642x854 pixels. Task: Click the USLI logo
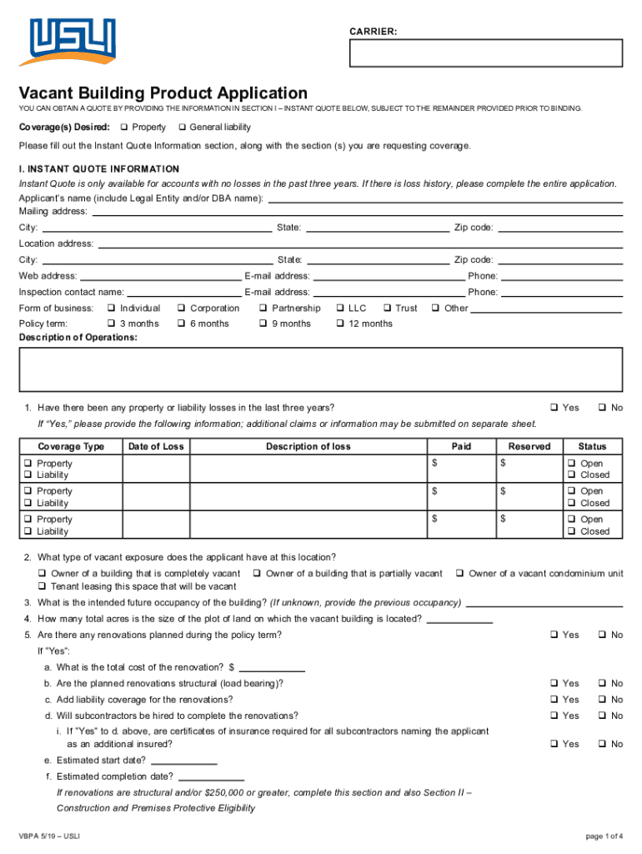point(72,42)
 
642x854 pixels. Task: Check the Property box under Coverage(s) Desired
point(123,128)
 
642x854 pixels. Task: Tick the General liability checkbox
point(181,128)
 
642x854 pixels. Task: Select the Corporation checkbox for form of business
point(181,309)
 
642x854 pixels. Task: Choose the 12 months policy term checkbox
point(339,324)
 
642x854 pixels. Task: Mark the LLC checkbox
point(339,309)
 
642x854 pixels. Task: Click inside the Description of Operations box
point(320,369)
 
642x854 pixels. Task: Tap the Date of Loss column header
point(155,446)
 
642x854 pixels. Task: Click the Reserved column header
point(529,446)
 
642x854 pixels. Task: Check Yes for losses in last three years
point(554,408)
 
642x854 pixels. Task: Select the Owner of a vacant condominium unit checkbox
point(459,574)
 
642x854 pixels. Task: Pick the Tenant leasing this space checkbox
point(42,587)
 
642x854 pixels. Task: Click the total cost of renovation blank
point(273,667)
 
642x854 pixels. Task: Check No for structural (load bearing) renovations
point(601,684)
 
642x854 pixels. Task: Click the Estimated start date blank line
point(184,760)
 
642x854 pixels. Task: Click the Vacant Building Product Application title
point(163,93)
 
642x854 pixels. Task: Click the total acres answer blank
point(459,619)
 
